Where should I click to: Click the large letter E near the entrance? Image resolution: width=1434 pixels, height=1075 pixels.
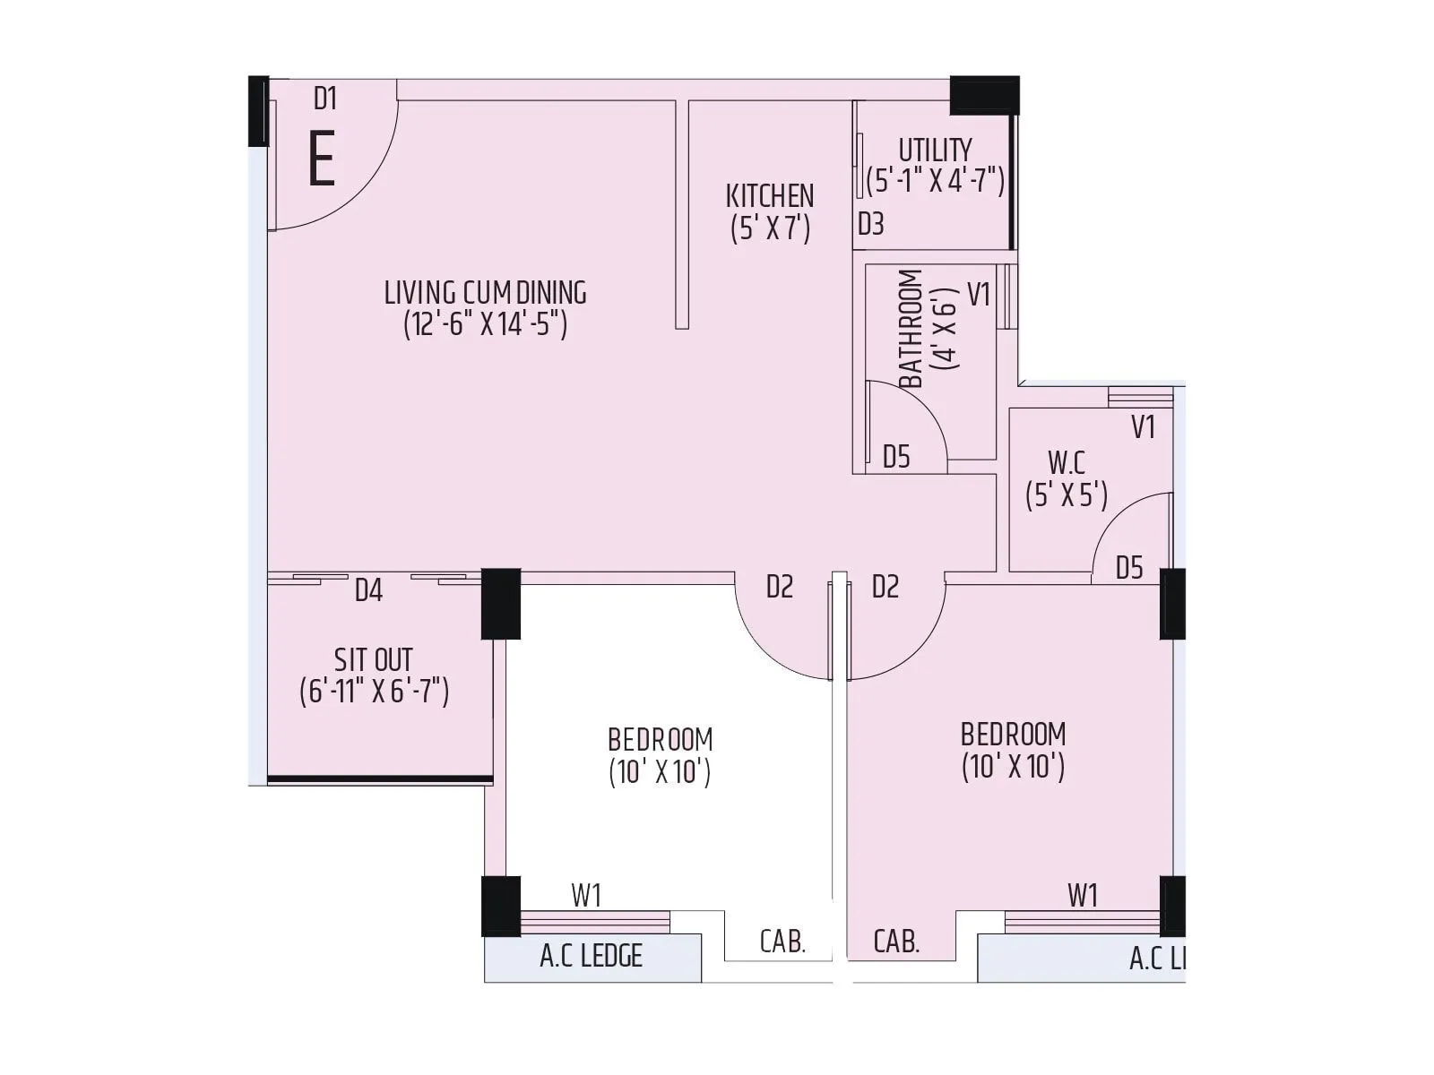(321, 159)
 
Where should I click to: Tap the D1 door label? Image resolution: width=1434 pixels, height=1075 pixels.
(324, 99)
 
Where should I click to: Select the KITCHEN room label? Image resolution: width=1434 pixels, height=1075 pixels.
(770, 195)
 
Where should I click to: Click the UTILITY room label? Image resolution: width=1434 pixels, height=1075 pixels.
(935, 149)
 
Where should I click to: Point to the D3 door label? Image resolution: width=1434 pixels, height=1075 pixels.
(870, 224)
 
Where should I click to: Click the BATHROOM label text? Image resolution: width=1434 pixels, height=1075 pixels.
(910, 329)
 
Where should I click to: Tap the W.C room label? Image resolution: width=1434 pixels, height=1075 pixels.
(1067, 463)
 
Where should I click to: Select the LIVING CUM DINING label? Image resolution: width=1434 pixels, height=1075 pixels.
(485, 292)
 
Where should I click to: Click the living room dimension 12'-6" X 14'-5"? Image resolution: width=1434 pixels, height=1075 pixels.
(485, 323)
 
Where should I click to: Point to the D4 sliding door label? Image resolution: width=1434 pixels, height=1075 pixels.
(368, 591)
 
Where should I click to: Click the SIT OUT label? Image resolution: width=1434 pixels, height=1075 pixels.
(373, 660)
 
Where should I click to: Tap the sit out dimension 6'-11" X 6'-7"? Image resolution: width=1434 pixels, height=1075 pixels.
(374, 692)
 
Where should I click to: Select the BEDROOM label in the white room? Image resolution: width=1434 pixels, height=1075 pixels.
(660, 740)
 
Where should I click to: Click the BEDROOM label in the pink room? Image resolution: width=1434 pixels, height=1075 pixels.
(1013, 735)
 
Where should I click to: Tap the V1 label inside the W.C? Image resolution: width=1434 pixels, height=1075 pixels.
(1143, 427)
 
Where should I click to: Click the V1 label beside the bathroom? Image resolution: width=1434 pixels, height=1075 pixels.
(979, 294)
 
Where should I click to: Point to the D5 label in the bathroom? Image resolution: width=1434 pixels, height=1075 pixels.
(896, 457)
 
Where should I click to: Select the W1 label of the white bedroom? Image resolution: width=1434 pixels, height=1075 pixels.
(586, 895)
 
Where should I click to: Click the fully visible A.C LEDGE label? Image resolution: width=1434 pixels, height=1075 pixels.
(592, 956)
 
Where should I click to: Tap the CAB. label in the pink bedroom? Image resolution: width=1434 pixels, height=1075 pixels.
(896, 942)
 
